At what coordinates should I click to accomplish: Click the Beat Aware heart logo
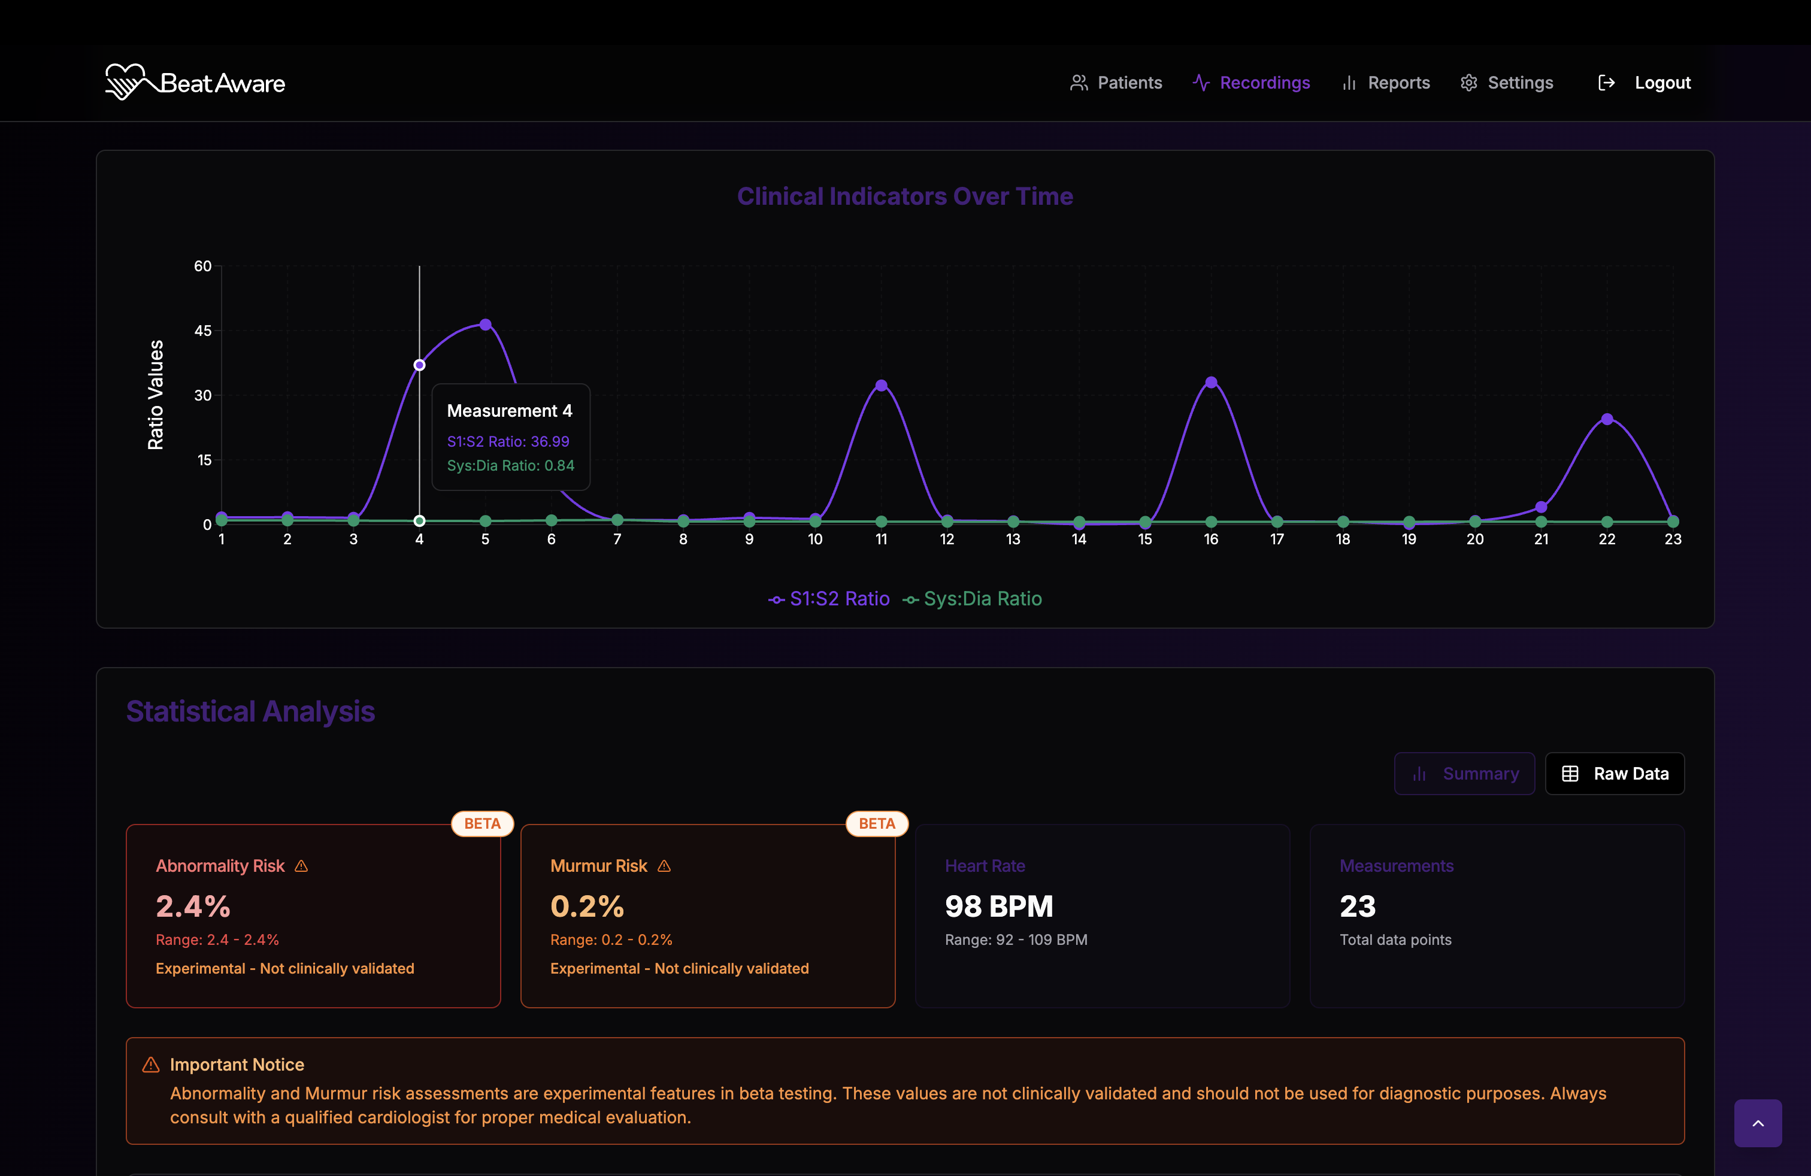tap(125, 81)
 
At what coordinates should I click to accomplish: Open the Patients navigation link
tap(1116, 83)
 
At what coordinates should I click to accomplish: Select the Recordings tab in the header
tap(1251, 83)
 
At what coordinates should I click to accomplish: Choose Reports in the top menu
tap(1386, 83)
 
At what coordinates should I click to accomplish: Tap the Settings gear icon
tap(1468, 83)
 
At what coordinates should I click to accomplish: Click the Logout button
tap(1645, 83)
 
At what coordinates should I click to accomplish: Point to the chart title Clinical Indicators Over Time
tap(905, 196)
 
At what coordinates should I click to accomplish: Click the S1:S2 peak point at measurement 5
tap(486, 325)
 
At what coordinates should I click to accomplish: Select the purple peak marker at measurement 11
tap(881, 386)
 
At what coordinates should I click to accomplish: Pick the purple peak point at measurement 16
tap(1212, 383)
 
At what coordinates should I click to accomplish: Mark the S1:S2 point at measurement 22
tap(1607, 419)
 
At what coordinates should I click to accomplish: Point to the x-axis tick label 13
tap(1013, 539)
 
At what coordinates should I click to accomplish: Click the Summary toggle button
tap(1464, 774)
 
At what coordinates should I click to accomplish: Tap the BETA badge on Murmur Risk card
tap(877, 824)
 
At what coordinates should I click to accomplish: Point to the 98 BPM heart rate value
tap(998, 906)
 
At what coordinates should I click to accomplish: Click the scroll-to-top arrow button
tap(1758, 1123)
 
